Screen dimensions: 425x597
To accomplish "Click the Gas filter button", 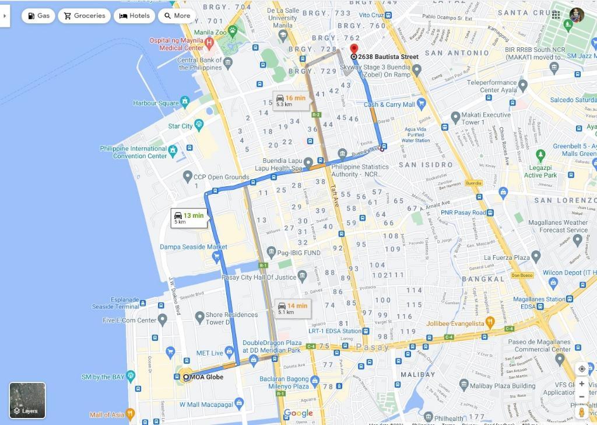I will coord(38,16).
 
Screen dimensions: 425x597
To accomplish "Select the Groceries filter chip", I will coord(85,16).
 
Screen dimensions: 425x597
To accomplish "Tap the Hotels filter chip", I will coord(135,16).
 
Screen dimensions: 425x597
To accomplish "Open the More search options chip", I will coord(177,16).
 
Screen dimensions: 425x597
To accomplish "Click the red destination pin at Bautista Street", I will coord(353,48).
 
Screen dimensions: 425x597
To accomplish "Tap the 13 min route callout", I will coord(188,218).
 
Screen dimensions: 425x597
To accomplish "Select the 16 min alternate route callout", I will coord(290,100).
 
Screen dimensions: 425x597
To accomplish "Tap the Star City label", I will coord(180,126).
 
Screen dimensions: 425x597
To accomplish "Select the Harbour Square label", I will coord(156,103).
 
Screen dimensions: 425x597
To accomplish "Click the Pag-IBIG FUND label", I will coord(298,253).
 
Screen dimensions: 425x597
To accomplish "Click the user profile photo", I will coord(577,15).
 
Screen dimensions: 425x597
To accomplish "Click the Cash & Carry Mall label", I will coord(389,104).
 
